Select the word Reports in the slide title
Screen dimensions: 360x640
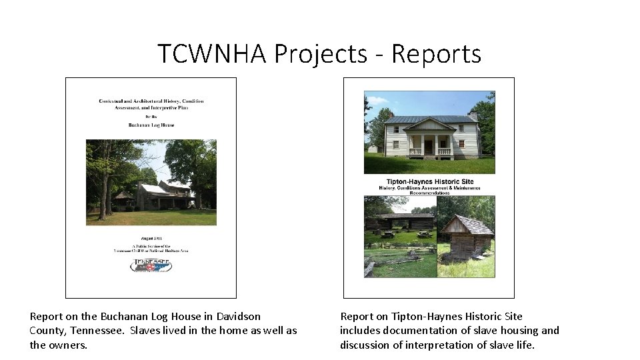pyautogui.click(x=436, y=53)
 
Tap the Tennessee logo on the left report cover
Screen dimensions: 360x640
pyautogui.click(x=151, y=265)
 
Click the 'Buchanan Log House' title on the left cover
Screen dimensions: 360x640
pyautogui.click(x=151, y=124)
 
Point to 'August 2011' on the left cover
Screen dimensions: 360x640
pyautogui.click(x=151, y=237)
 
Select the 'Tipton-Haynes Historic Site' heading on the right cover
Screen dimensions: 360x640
pyautogui.click(x=429, y=181)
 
